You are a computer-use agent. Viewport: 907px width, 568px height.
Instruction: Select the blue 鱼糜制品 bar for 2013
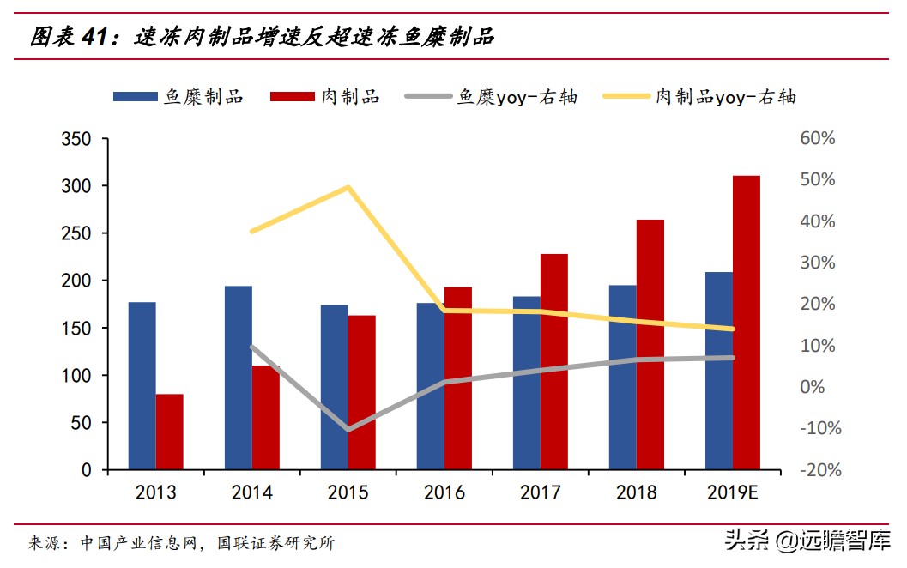(x=142, y=386)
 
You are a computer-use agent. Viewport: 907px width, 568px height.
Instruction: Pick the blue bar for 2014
(x=239, y=378)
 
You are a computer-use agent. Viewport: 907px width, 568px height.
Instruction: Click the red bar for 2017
(x=554, y=361)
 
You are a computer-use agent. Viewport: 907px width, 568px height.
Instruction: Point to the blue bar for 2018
(x=623, y=378)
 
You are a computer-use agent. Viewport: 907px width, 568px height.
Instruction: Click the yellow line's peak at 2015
(x=348, y=187)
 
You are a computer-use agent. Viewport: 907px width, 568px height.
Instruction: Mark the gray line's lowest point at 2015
(x=348, y=429)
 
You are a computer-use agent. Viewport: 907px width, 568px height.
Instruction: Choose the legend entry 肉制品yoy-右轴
(x=699, y=96)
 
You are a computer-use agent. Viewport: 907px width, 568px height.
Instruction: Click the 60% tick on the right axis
(x=818, y=139)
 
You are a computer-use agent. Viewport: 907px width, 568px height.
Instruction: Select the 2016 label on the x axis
(x=444, y=492)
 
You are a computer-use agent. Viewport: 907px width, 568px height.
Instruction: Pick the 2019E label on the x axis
(x=732, y=492)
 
